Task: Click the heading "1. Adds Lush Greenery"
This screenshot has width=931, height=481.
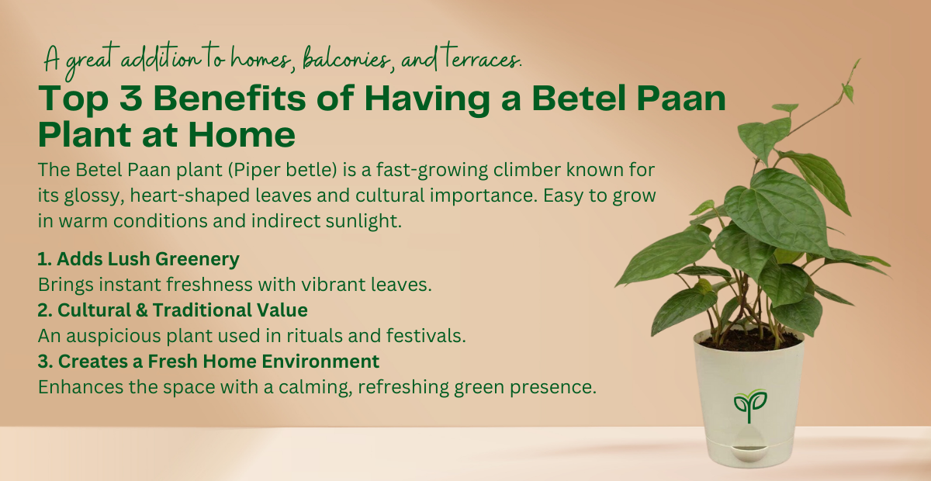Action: click(x=138, y=258)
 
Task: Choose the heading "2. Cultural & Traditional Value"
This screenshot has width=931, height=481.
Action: click(x=172, y=310)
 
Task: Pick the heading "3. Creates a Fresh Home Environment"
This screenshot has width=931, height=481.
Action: click(x=208, y=361)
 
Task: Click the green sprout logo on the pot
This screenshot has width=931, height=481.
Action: click(x=749, y=403)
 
